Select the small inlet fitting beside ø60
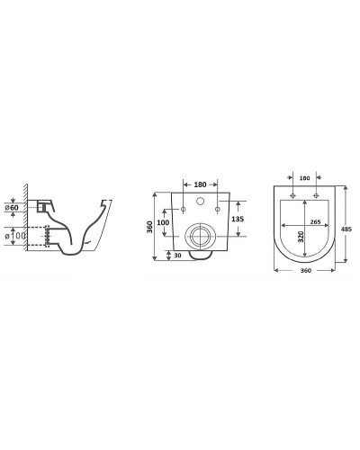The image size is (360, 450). tap(41, 205)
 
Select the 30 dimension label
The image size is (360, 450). tap(179, 256)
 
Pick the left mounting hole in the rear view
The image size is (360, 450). tap(184, 210)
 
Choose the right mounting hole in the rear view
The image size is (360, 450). tap(219, 210)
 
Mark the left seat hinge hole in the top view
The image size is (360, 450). tap(292, 193)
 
